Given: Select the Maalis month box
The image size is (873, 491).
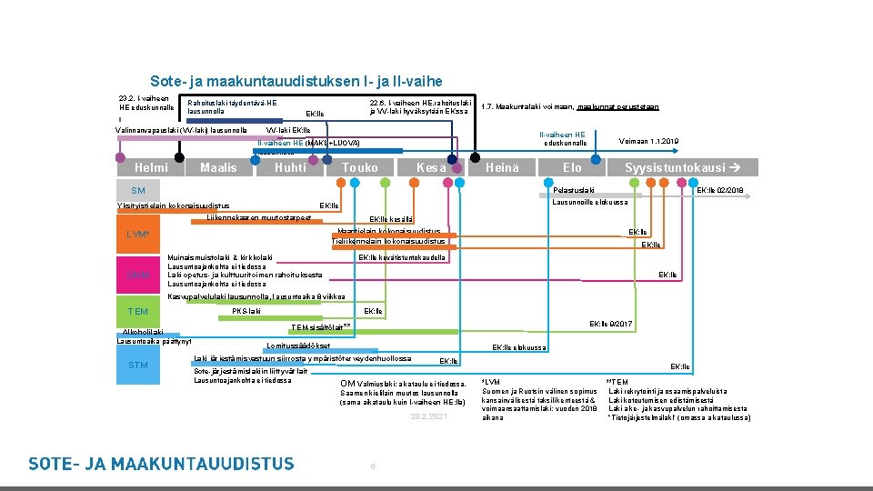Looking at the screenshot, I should coord(218,167).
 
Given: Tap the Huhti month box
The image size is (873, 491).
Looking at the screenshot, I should coord(290,167).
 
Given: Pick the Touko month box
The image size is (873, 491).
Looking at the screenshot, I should coord(360,167).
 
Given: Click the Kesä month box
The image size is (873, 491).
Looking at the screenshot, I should coord(431,167).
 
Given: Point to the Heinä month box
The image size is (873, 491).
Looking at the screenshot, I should coord(502,167).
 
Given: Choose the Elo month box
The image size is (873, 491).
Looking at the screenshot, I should coord(572,167).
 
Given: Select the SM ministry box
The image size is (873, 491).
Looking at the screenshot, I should coord(138,190).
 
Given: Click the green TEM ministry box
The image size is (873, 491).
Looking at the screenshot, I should coord(138,312).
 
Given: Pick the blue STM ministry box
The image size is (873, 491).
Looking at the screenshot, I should coord(138,366).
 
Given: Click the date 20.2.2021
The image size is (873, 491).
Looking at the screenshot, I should coord(428,416).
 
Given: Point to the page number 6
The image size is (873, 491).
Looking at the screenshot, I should coord(373,466).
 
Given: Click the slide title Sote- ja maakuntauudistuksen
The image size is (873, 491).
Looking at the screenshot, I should coord(296,81).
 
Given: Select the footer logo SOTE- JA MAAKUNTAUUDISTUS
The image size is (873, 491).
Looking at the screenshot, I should coord(162,464).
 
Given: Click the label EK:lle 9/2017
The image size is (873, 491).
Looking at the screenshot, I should coord(611,324).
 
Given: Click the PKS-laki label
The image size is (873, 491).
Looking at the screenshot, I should coord(246,312).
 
